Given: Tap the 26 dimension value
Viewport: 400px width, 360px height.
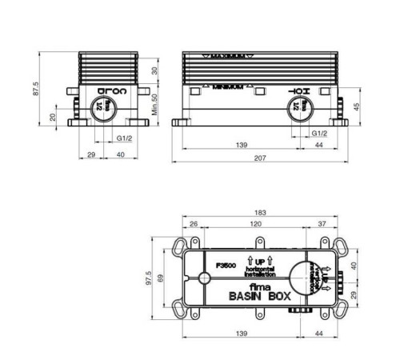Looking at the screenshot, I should pyautogui.click(x=194, y=225).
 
